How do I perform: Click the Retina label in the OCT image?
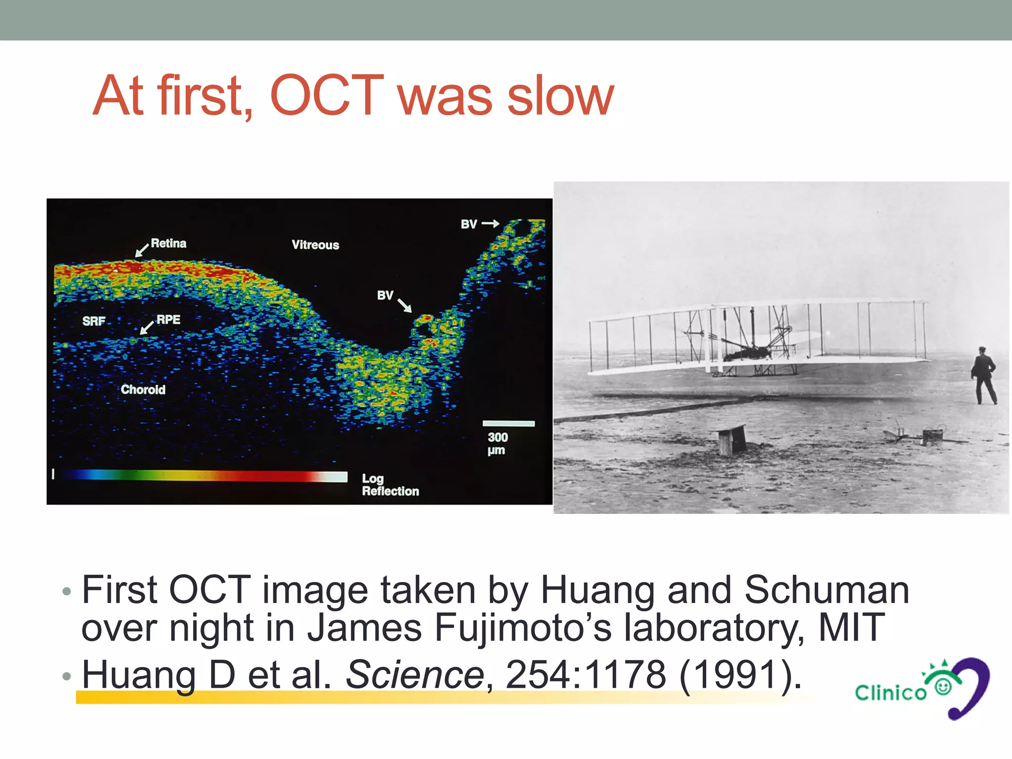tap(169, 243)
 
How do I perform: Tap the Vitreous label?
tap(315, 245)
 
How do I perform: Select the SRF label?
tap(94, 321)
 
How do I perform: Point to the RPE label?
tap(169, 320)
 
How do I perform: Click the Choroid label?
tap(143, 389)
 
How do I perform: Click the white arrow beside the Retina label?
tap(142, 250)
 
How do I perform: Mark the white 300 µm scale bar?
tap(508, 423)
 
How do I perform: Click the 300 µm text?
tap(497, 444)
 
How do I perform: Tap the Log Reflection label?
tap(390, 485)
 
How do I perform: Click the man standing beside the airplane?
tap(984, 376)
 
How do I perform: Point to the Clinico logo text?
tap(890, 693)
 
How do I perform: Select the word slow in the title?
tap(560, 96)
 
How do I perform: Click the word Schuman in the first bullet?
tap(826, 590)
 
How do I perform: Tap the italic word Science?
tap(415, 674)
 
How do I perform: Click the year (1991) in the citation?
tap(740, 674)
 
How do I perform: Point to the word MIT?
tap(851, 628)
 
